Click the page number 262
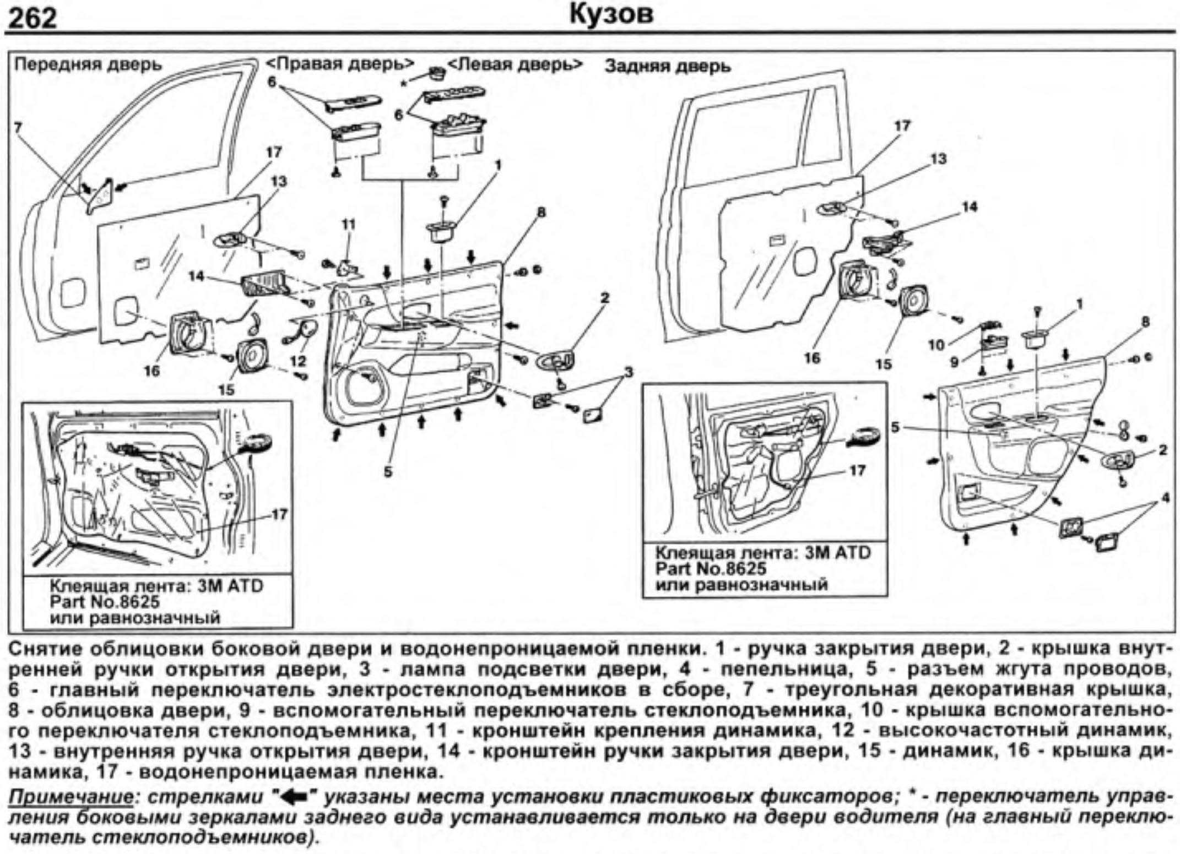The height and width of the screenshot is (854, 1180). point(34,18)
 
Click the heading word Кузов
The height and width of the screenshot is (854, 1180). point(611,14)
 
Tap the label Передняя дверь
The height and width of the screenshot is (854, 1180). point(88,65)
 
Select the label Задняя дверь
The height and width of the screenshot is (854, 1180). point(667,67)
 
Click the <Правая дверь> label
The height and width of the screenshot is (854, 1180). point(340,64)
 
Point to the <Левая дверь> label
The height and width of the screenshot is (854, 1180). point(515,64)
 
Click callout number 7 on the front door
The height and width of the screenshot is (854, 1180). point(18,128)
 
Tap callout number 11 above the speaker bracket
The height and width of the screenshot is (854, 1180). point(348,224)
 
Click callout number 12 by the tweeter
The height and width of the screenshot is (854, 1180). point(298,361)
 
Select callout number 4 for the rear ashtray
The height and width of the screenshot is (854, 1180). point(1165,498)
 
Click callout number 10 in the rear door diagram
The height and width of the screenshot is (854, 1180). point(937,345)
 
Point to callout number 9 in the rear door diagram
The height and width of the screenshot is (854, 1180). point(954,362)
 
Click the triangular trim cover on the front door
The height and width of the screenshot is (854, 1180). point(99,197)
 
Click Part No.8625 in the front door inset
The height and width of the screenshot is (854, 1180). point(104,601)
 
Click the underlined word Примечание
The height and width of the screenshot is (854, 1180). point(71,797)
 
